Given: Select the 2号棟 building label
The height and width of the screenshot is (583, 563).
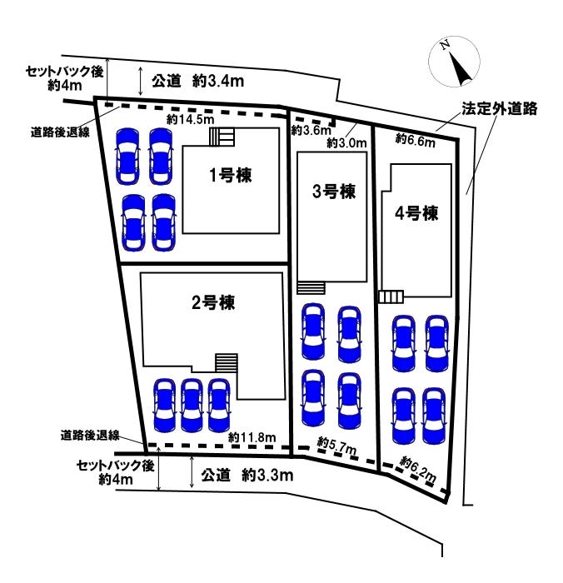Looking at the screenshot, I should point(212,302).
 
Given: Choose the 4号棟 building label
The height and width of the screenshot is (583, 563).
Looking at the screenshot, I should point(416,212).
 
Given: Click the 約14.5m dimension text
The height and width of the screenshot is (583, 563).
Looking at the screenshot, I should point(187,119).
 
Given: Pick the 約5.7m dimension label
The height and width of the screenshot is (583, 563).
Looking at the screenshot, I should point(337,446).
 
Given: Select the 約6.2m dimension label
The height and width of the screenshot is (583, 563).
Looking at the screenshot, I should point(418,468).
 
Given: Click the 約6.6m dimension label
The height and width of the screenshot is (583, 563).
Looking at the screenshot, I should point(415,140).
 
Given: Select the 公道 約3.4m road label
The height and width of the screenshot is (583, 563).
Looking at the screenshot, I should point(197,81).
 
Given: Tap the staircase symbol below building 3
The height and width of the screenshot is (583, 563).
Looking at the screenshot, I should point(311,287).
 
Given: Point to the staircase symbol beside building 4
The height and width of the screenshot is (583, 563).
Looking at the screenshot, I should point(390,296).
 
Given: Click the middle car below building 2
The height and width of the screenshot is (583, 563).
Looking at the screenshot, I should point(192,405).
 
